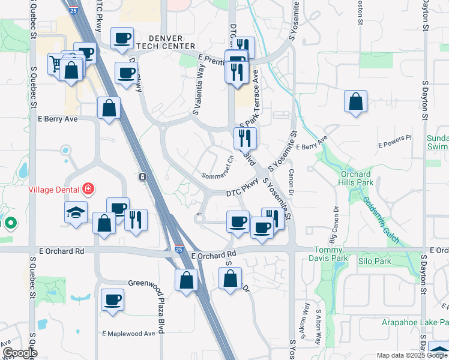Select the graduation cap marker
coord(75,212)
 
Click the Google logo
coord(19,353)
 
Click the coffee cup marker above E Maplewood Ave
coord(112,299)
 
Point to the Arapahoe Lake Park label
coord(415,323)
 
